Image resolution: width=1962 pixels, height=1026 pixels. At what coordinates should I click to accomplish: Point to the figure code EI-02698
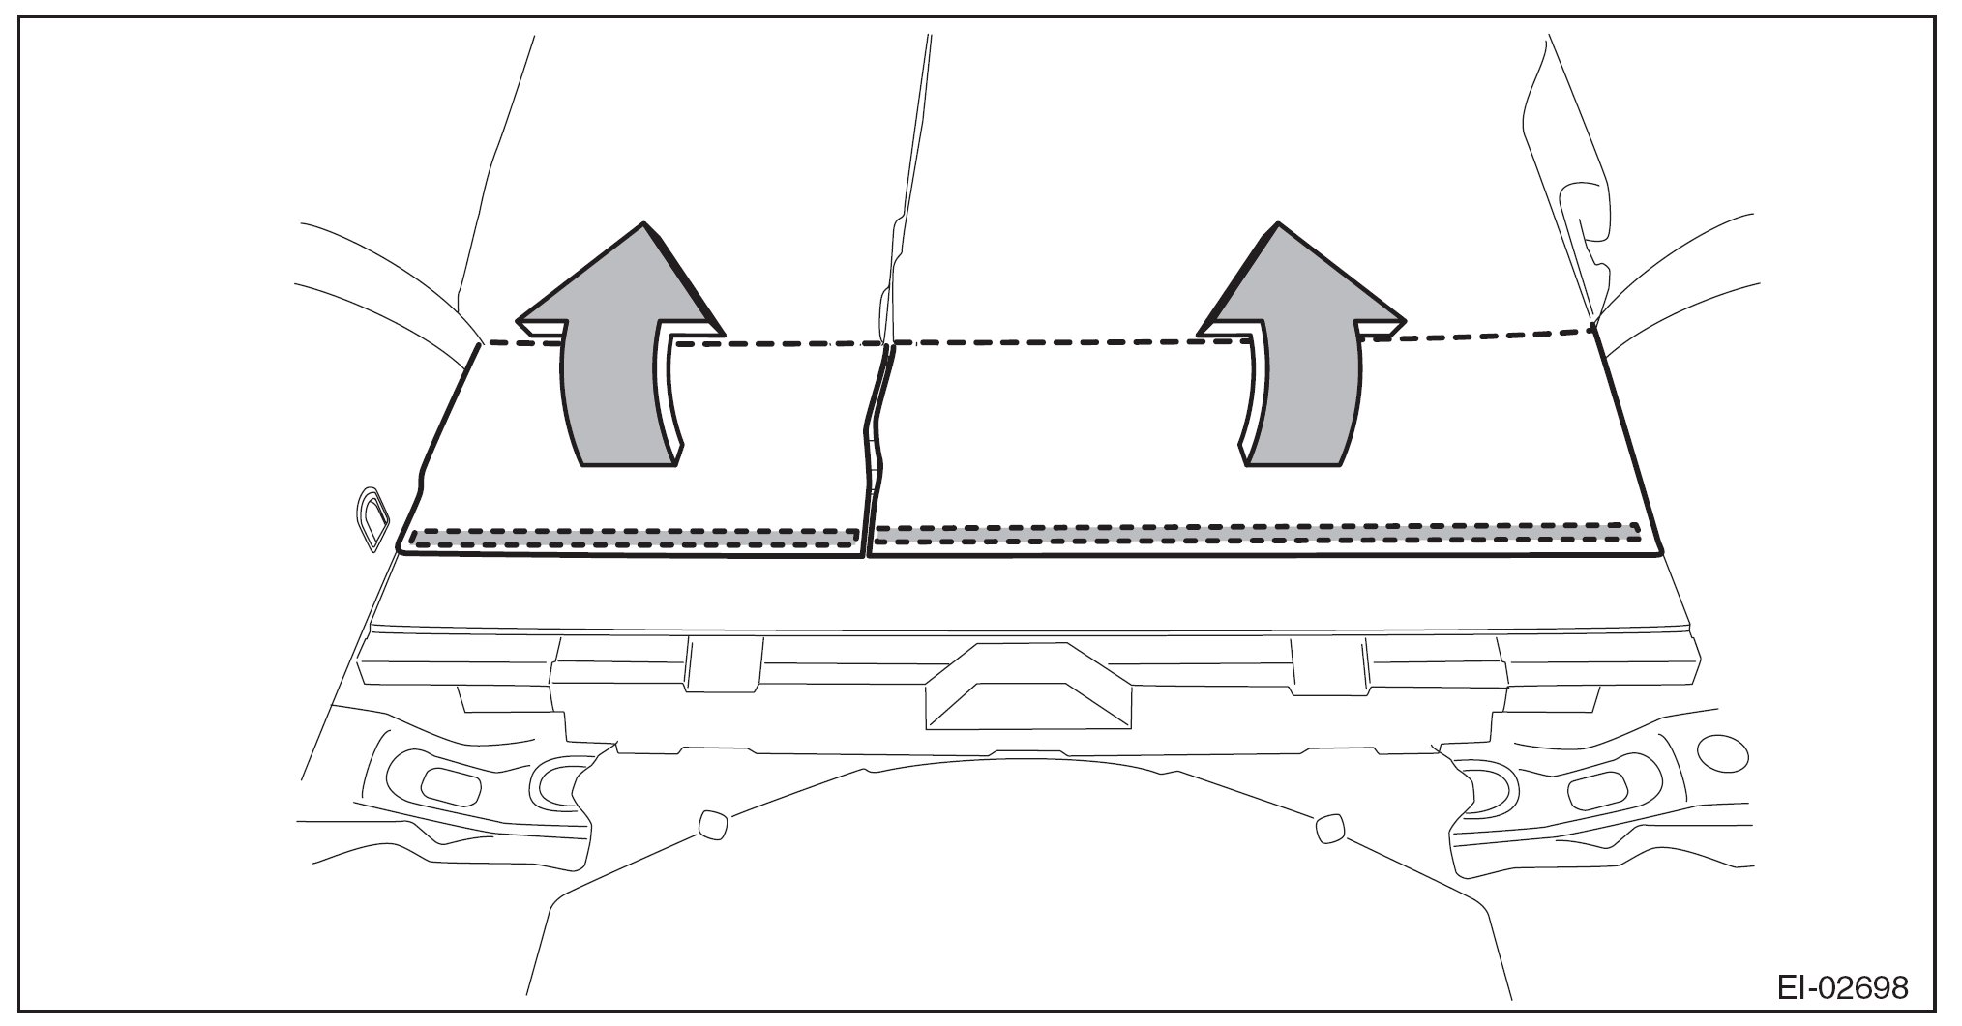click(1843, 987)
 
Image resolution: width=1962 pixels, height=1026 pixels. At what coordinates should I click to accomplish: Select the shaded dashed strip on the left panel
click(634, 538)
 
